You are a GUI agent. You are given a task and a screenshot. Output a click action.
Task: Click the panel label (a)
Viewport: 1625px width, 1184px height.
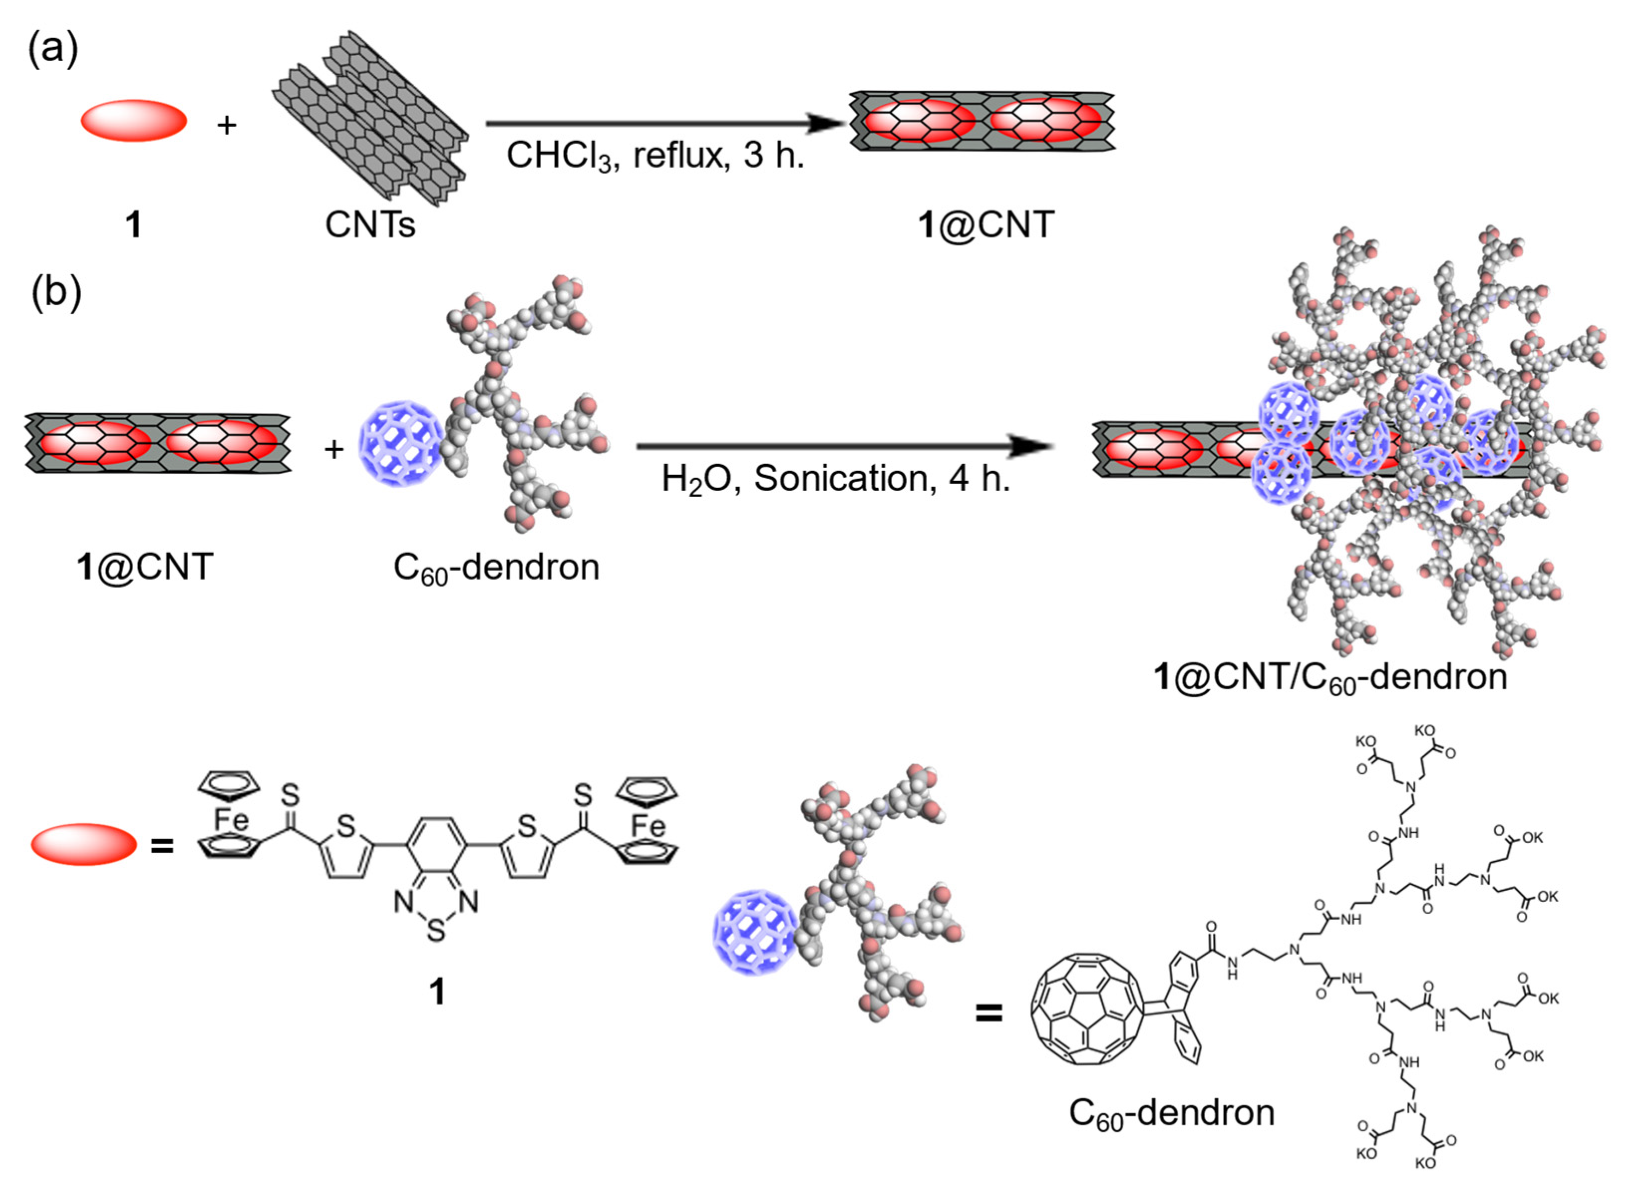click(53, 50)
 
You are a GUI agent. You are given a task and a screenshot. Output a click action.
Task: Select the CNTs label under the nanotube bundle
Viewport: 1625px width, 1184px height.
click(370, 225)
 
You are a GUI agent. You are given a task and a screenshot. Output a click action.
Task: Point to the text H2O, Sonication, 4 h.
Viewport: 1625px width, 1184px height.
click(835, 479)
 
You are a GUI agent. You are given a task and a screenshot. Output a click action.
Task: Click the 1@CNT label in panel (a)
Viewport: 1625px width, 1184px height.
click(986, 225)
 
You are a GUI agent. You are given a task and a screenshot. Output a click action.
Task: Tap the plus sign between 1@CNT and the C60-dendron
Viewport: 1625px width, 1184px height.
click(334, 449)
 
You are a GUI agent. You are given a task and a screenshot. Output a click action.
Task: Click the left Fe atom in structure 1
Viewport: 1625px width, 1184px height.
click(231, 819)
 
